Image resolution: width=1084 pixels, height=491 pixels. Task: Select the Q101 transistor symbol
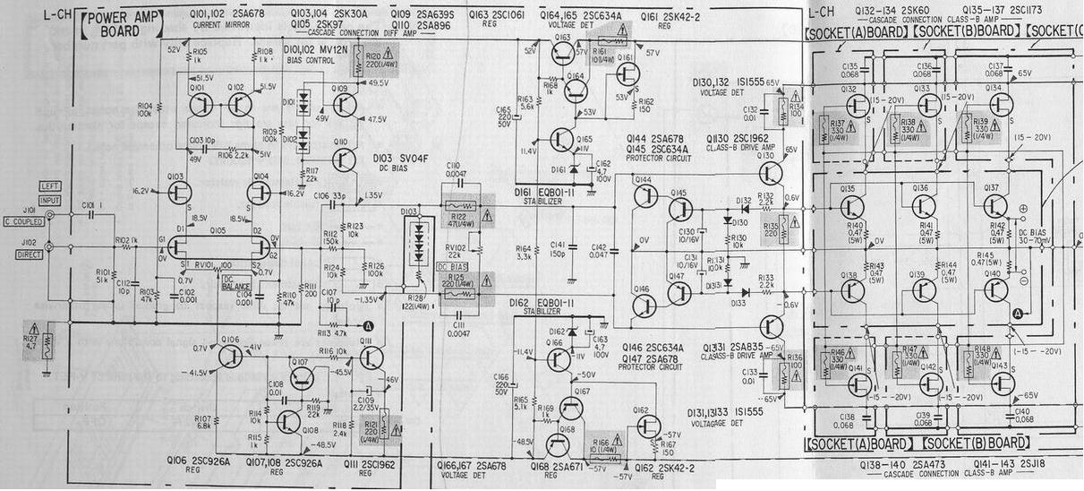tap(198, 106)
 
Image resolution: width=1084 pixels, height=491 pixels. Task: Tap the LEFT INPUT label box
tap(48, 191)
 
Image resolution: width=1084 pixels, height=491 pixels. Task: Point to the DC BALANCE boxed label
tap(236, 282)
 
